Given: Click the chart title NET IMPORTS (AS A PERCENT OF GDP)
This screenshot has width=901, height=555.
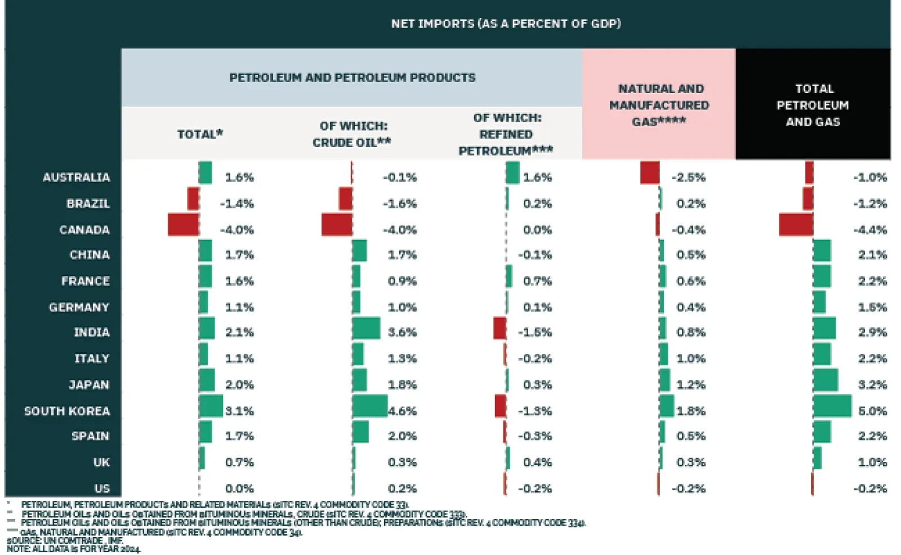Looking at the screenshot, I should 506,24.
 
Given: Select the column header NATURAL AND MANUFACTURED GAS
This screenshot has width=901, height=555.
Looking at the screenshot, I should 659,105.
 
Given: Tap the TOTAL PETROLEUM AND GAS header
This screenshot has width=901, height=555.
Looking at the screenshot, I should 813,105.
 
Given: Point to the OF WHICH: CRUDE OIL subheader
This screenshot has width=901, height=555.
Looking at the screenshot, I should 353,134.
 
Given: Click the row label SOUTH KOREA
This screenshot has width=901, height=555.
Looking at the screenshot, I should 67,411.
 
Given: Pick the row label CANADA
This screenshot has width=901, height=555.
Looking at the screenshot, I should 84,230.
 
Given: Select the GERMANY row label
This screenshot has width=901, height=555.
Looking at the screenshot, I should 79,307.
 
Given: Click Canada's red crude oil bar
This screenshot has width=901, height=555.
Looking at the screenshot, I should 337,225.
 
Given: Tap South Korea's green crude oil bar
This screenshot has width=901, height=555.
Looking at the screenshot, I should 369,406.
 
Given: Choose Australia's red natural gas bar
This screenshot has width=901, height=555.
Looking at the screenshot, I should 650,172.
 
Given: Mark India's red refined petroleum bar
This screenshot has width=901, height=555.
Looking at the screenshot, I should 499,328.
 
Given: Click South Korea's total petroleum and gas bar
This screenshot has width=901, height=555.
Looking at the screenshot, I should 832,406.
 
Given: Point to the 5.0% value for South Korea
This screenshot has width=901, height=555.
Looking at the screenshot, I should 872,411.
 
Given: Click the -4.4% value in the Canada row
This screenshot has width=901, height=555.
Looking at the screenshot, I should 869,230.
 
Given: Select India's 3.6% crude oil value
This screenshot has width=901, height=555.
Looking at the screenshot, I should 402,332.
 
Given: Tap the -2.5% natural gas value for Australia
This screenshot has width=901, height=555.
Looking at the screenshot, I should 688,177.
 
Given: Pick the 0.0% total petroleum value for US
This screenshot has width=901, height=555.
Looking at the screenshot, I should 239,489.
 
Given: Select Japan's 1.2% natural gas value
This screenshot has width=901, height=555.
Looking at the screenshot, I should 690,385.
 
